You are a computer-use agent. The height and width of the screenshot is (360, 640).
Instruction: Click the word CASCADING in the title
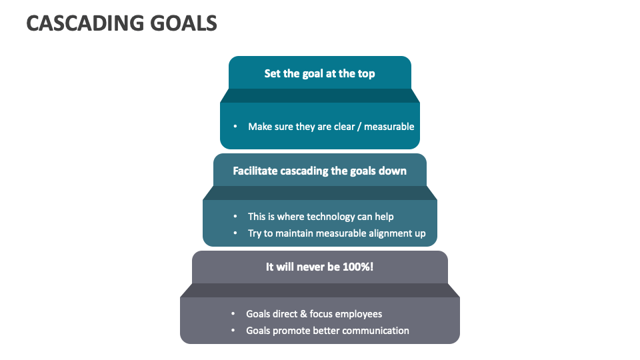85,23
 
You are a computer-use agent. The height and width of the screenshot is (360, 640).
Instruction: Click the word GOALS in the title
184,23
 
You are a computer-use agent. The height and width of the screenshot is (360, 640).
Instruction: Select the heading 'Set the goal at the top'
319,74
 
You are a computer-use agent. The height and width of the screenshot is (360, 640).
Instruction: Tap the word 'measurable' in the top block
389,127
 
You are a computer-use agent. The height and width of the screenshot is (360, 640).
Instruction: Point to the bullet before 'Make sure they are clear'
235,127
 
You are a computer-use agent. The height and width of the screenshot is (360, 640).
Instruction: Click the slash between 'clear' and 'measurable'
359,127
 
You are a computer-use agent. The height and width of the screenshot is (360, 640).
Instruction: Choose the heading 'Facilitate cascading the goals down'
319,171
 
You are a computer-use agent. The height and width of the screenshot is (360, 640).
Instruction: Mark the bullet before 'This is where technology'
235,216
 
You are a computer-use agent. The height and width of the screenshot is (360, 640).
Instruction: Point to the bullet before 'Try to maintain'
235,233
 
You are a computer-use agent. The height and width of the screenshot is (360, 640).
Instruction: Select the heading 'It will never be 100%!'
319,267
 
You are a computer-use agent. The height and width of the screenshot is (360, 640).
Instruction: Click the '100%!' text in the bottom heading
358,267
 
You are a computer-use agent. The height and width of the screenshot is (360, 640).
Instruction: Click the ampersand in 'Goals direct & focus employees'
303,314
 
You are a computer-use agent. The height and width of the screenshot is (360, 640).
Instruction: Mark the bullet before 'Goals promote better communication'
233,330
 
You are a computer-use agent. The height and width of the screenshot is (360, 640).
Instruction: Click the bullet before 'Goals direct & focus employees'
233,313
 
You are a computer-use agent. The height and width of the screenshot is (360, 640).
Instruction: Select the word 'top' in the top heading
366,74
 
